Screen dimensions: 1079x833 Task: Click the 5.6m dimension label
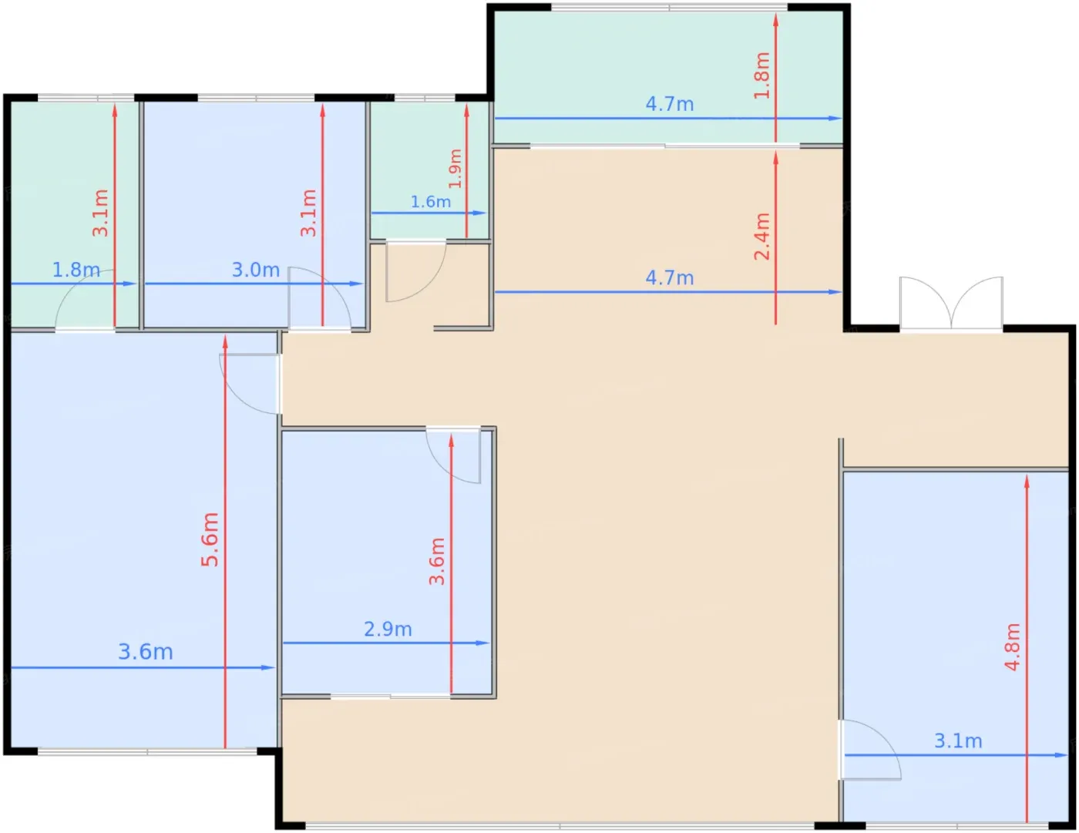point(210,539)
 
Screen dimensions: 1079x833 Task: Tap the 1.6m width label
point(431,202)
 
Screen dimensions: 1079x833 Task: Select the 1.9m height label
point(455,169)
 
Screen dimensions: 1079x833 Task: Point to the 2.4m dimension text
point(761,237)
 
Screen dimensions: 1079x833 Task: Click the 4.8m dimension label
point(1012,647)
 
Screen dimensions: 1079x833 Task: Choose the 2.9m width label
point(388,630)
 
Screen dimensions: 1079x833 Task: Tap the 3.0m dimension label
point(256,270)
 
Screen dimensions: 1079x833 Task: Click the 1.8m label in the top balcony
point(761,76)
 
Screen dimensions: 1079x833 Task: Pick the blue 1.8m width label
point(76,270)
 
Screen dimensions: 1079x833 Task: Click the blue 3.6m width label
point(146,652)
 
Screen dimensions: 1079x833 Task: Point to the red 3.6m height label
point(436,562)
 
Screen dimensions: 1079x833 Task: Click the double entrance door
point(951,303)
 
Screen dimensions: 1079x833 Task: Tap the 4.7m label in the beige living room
point(669,278)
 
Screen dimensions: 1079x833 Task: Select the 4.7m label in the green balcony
point(669,104)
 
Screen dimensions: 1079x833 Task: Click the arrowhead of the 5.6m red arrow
point(225,342)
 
